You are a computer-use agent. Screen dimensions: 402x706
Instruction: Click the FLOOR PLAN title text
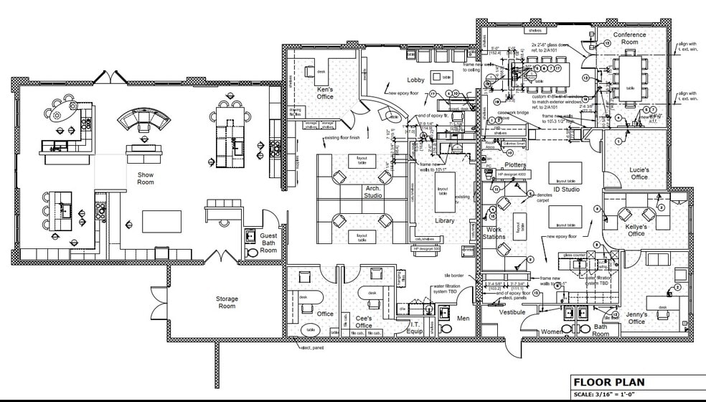coord(608,383)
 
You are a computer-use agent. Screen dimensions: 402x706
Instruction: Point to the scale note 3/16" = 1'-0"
coord(608,395)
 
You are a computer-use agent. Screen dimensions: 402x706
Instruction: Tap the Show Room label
coord(146,178)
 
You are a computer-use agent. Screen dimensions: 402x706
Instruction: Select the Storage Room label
coord(227,302)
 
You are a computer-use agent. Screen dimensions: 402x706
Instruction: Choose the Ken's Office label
coord(325,93)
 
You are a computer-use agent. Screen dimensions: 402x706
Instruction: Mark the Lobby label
coord(417,80)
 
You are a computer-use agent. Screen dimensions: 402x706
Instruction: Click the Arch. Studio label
coord(372,191)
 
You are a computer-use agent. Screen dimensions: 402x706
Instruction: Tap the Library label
coord(444,220)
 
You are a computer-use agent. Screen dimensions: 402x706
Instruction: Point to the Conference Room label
coord(629,38)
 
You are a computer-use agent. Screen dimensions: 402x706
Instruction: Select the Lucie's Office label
coord(639,173)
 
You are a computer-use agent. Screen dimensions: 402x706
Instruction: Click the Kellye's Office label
coord(636,230)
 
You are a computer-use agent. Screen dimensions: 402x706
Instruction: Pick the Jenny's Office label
coord(636,317)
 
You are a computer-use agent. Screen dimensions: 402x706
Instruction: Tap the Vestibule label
coord(512,312)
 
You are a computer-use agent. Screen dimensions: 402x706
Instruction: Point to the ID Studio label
coord(565,190)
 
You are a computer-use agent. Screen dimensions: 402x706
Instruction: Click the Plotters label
coord(515,165)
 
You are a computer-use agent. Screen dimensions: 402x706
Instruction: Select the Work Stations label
coord(494,233)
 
